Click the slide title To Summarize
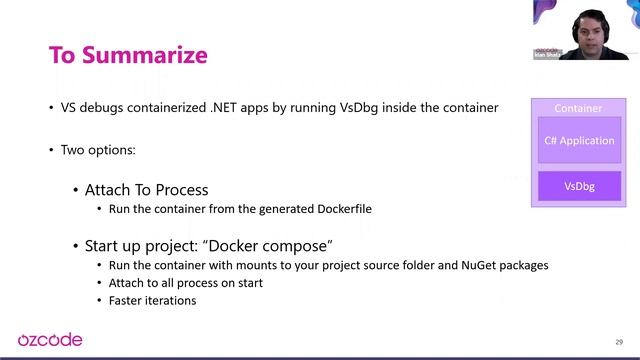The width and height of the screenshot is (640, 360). pos(128,54)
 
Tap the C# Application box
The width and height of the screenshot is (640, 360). pos(579,141)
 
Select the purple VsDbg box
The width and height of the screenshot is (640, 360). pos(579,185)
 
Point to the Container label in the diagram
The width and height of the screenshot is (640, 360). pos(579,108)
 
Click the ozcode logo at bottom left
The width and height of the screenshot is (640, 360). pos(50,340)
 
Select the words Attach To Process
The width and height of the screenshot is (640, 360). pos(146,189)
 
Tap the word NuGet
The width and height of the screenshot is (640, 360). pos(468,265)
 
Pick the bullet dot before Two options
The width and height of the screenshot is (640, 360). pos(51,150)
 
